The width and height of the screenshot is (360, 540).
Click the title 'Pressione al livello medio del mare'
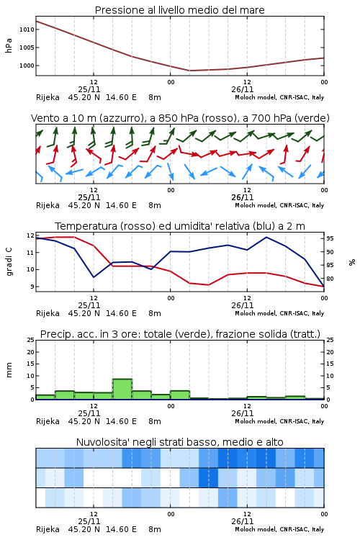point(179,10)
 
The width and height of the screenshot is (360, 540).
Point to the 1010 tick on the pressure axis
point(27,30)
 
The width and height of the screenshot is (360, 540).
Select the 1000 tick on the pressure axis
point(27,66)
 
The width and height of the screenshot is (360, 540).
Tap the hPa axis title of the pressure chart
point(9,45)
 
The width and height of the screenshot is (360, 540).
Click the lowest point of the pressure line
point(190,71)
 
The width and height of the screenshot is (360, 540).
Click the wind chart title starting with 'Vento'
point(180,118)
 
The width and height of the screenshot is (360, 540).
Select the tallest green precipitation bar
point(122,389)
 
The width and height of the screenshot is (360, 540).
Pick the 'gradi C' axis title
point(9,262)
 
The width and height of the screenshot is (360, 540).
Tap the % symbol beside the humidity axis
point(352,262)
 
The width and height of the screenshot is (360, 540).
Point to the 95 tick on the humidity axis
point(330,238)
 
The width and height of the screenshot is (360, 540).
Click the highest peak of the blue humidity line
point(266,237)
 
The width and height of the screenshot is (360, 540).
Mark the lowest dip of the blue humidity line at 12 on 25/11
point(94,277)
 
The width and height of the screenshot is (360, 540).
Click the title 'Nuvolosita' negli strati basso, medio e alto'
point(179,442)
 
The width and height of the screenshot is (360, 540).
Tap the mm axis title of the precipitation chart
point(9,370)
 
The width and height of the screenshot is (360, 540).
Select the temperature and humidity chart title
point(179,226)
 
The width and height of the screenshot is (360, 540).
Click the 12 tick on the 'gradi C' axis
point(30,235)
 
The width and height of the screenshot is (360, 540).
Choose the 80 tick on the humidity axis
point(330,279)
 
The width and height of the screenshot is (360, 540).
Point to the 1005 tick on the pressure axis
point(27,48)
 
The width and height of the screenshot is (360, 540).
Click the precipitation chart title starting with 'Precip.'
point(180,334)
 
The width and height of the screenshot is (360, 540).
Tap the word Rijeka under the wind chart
point(48,205)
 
